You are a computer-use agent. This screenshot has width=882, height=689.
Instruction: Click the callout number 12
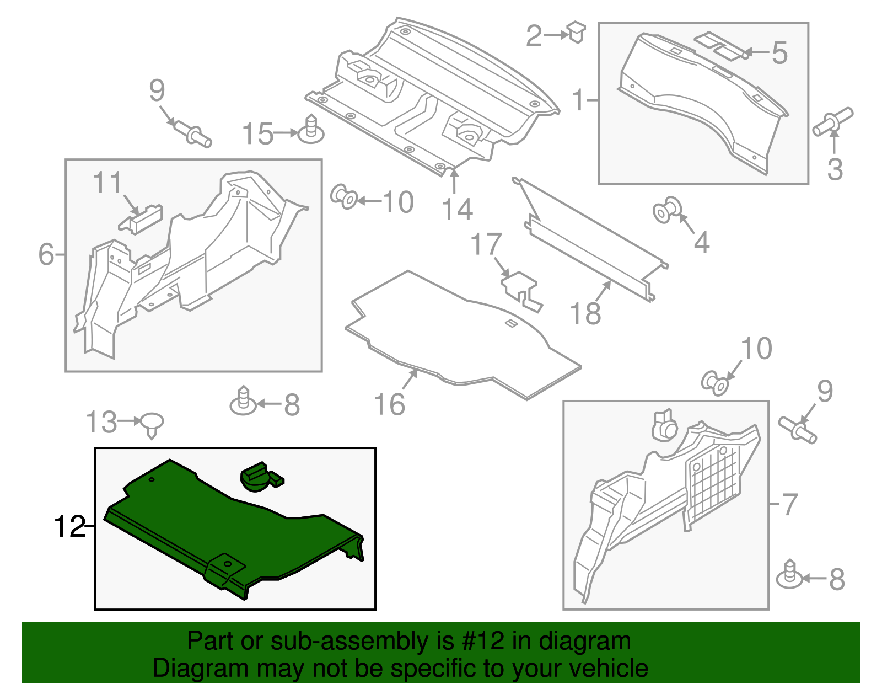click(x=69, y=527)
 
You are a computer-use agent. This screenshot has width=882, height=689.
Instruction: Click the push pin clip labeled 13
click(x=152, y=423)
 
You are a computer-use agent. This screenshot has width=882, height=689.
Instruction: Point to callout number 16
click(x=389, y=404)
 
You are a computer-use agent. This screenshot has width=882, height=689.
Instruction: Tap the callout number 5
click(x=779, y=53)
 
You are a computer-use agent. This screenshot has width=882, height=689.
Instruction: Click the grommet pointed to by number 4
click(x=666, y=210)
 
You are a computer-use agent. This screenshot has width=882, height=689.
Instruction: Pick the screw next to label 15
click(x=311, y=130)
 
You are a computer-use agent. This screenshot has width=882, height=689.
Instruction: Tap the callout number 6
click(x=46, y=254)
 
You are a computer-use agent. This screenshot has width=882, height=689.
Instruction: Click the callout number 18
click(x=585, y=313)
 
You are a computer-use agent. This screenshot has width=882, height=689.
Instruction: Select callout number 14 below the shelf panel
click(x=457, y=210)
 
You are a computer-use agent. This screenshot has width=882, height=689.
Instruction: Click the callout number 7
click(x=790, y=504)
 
